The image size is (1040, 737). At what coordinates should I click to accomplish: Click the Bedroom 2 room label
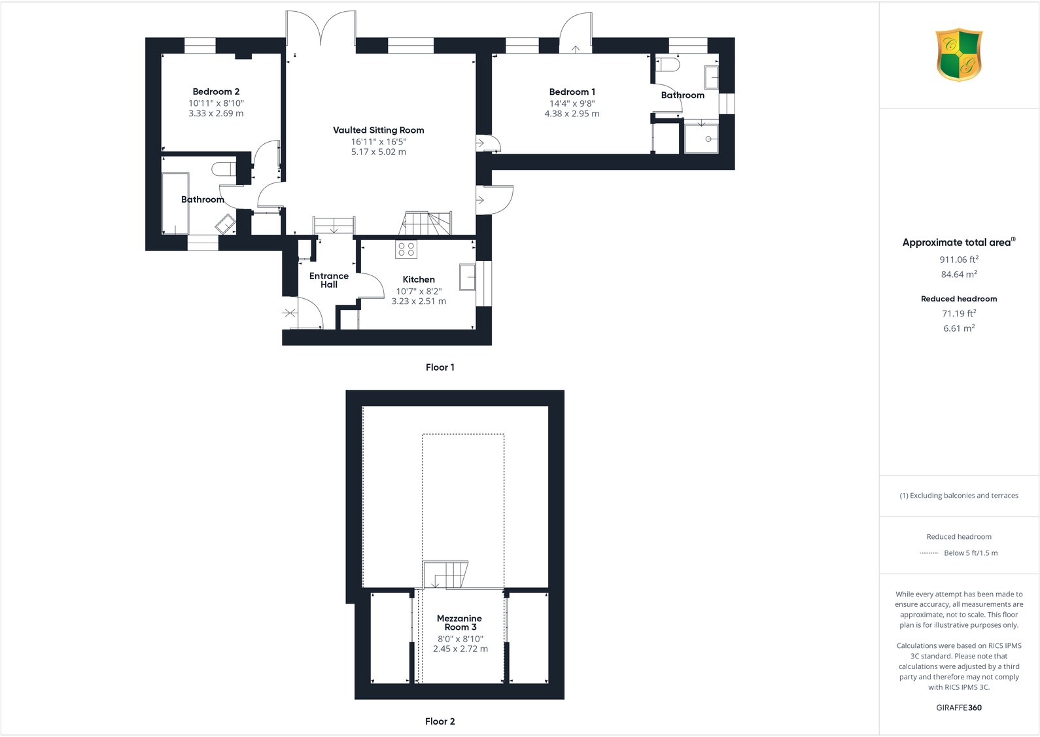tap(216, 92)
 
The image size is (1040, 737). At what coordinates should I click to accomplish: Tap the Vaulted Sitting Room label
tap(378, 130)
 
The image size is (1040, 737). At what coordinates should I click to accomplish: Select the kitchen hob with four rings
tap(406, 249)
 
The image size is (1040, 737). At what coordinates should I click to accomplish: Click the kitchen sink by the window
tap(467, 277)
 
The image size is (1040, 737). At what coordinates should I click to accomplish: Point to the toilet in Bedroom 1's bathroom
tap(668, 65)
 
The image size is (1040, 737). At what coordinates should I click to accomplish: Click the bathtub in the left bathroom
tap(175, 203)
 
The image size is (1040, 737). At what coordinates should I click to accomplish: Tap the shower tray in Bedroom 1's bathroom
tap(701, 137)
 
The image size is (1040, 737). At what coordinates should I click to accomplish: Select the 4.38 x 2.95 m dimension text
tap(572, 114)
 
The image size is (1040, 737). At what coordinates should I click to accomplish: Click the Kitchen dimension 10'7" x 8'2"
tap(419, 291)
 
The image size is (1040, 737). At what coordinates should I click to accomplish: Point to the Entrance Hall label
tap(329, 280)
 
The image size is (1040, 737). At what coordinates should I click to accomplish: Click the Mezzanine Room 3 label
tap(459, 623)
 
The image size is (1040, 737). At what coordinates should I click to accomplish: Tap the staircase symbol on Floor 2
tap(445, 575)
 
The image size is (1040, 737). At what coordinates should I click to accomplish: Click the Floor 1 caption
tap(440, 368)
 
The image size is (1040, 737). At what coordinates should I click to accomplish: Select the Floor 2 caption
tap(440, 721)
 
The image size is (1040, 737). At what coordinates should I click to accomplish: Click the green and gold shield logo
tap(959, 54)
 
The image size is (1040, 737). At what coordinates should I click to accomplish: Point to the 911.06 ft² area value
tap(959, 260)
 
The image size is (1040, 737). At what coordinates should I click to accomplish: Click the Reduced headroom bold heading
tap(959, 299)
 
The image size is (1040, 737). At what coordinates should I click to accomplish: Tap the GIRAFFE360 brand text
tap(959, 708)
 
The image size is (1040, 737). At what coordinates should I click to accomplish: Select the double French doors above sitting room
tap(321, 29)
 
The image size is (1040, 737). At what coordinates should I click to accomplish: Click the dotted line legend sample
tap(929, 553)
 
